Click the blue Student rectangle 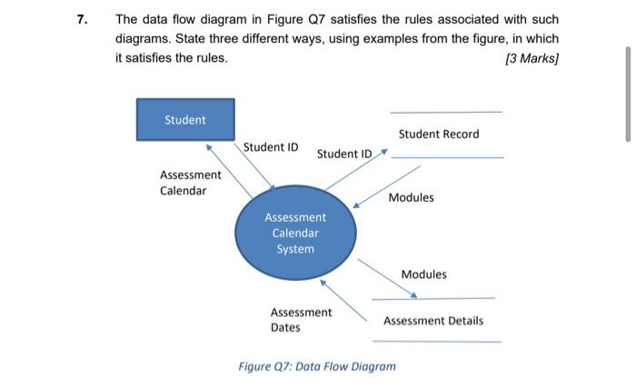[x=184, y=120]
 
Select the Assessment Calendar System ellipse [x=295, y=233]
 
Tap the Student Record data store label [x=438, y=135]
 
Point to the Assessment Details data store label [x=432, y=321]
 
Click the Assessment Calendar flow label [x=190, y=182]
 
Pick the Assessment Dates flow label [x=301, y=319]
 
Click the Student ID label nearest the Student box [x=271, y=146]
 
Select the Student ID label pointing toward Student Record [x=344, y=154]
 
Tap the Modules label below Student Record [x=411, y=197]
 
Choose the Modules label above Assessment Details [x=423, y=274]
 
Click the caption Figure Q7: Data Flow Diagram [x=317, y=366]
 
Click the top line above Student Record [x=445, y=112]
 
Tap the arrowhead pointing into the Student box [x=209, y=145]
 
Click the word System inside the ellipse [x=295, y=249]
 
